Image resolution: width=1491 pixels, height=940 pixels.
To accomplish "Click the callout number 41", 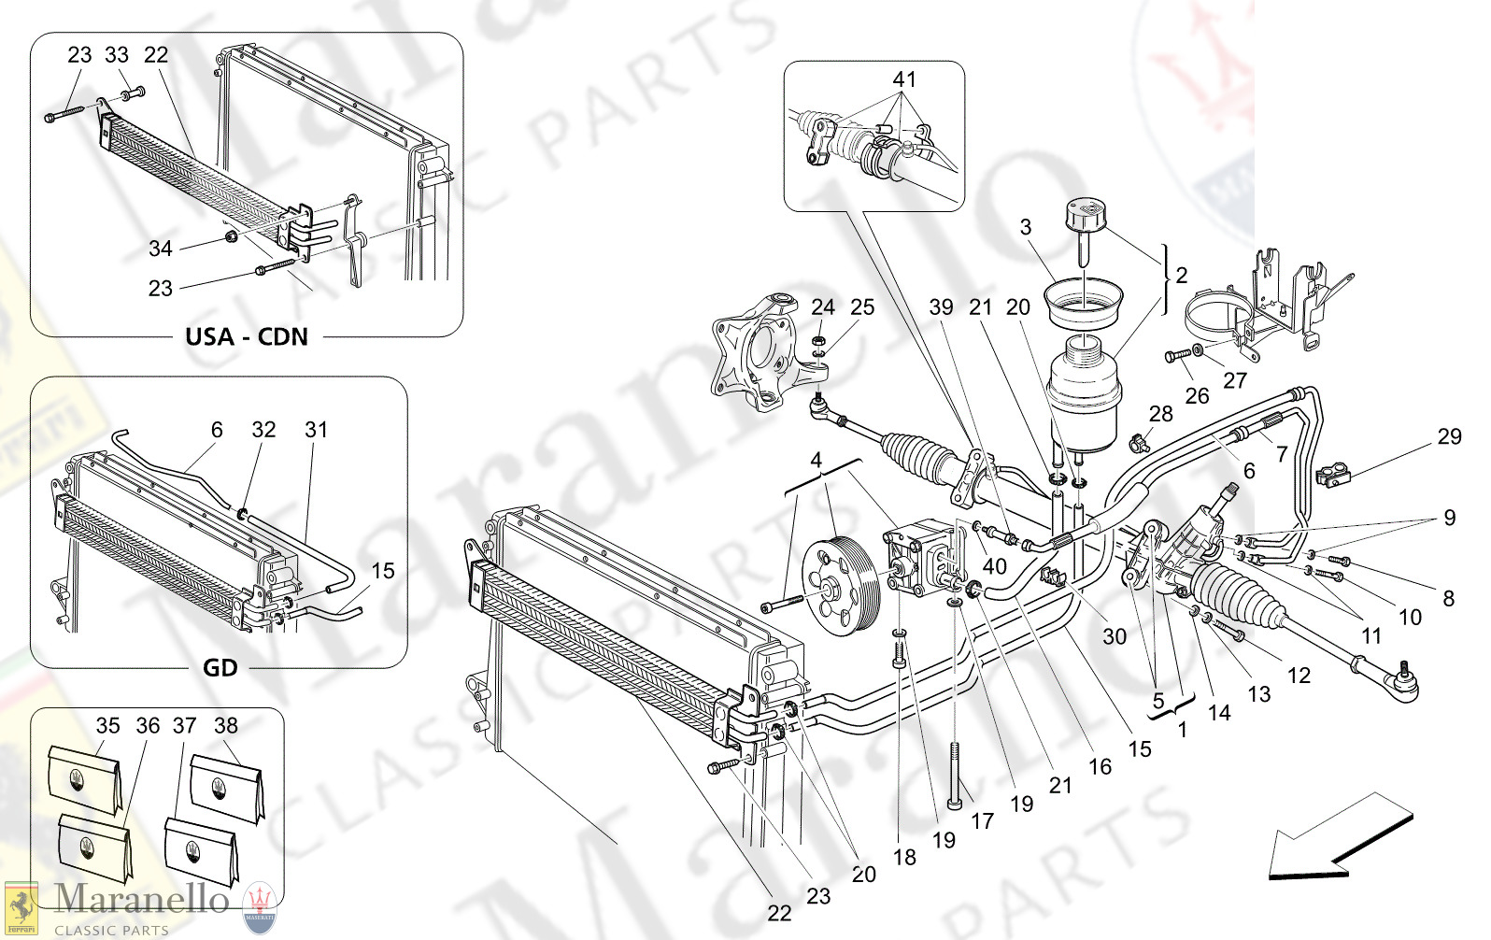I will click(904, 79).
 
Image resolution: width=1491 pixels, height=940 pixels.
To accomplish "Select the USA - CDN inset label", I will click(247, 336).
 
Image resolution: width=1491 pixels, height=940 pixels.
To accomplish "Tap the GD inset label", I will click(220, 667).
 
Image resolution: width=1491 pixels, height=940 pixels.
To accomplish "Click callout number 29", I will click(1449, 436).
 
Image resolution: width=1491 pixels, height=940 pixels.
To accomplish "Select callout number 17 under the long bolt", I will click(982, 820).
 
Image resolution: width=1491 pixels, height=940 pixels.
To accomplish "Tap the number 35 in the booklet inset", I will click(108, 725).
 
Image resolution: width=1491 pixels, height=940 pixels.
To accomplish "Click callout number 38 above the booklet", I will click(226, 725).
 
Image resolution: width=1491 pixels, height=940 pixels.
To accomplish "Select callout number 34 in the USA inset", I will click(161, 249).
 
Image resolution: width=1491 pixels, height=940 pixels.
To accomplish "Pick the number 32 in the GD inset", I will click(264, 429).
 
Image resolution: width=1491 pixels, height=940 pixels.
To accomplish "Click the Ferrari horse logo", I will click(21, 907).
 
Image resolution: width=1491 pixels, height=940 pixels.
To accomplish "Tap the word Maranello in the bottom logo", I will click(141, 899).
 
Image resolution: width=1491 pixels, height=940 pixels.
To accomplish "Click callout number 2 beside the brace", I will click(1182, 275).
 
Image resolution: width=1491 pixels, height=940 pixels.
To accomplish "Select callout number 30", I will click(1115, 636).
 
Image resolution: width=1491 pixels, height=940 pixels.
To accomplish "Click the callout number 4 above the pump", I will click(816, 460).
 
